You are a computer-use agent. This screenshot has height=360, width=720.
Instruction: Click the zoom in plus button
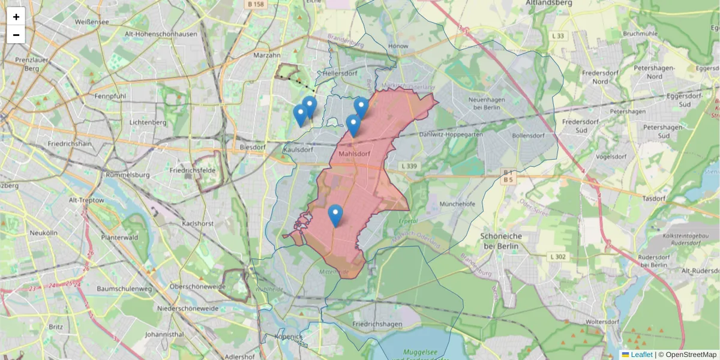16,17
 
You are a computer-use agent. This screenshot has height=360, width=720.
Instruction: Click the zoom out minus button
16,35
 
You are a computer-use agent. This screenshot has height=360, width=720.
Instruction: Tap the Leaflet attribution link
641,355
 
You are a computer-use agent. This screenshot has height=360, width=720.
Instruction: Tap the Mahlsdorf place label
354,154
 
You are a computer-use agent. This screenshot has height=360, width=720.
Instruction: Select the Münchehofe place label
458,204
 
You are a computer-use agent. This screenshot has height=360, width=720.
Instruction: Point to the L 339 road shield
408,166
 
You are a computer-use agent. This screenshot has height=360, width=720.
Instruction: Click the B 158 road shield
255,4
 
